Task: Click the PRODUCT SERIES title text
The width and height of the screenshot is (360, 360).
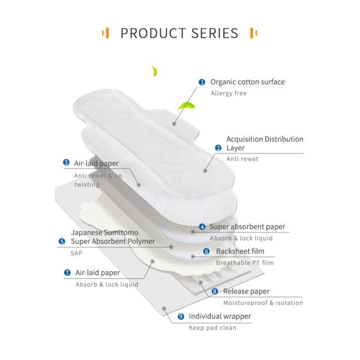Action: coord(179,32)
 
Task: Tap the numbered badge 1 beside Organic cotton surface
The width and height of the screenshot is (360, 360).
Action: coord(202,82)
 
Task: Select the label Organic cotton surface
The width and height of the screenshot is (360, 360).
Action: coord(247,82)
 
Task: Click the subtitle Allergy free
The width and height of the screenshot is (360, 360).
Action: coord(229,94)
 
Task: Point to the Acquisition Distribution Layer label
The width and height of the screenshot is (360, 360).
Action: coord(264,143)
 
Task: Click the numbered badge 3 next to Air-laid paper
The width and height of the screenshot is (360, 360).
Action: coord(67,163)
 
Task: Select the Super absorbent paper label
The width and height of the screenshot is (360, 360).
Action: coord(247,227)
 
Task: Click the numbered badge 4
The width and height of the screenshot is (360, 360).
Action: coord(202,227)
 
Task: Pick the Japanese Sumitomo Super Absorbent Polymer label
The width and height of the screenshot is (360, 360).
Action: coord(112,236)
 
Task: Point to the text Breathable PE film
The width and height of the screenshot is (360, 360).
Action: coord(245,263)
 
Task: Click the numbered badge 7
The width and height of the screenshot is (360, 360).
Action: coord(67,272)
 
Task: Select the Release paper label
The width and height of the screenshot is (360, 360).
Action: coord(246,292)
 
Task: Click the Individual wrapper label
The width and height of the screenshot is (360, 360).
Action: coord(220,316)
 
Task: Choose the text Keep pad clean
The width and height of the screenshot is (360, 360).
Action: coord(212,328)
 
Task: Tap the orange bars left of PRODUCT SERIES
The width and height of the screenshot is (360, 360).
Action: coord(106,32)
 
